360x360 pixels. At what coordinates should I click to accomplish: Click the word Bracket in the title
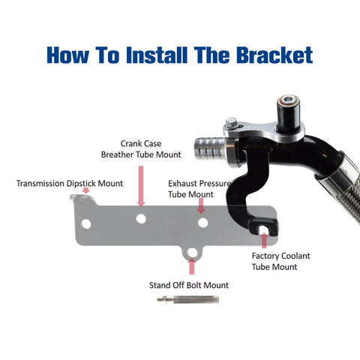pyautogui.click(x=274, y=55)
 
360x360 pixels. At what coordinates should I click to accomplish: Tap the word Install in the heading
pyautogui.click(x=157, y=55)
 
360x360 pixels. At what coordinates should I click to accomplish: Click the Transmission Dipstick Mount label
pyautogui.click(x=70, y=183)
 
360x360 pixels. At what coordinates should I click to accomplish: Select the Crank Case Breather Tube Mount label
pyautogui.click(x=141, y=149)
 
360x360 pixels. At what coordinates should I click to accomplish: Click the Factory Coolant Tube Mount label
pyautogui.click(x=280, y=261)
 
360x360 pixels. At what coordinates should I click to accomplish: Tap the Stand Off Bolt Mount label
pyautogui.click(x=189, y=285)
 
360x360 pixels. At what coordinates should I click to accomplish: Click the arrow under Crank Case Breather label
pyautogui.click(x=141, y=186)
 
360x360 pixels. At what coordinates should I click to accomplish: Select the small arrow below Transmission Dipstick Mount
pyautogui.click(x=86, y=190)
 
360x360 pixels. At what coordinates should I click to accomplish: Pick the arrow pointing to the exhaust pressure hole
pyautogui.click(x=201, y=206)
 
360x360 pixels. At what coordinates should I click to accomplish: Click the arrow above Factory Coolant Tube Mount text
pyautogui.click(x=264, y=240)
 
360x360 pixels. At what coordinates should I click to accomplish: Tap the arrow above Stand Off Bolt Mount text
pyautogui.click(x=192, y=266)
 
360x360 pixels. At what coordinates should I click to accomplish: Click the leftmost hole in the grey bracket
pyautogui.click(x=86, y=224)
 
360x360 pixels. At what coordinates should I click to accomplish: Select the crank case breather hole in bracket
pyautogui.click(x=141, y=219)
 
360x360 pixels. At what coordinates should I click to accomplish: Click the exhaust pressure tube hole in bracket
pyautogui.click(x=203, y=223)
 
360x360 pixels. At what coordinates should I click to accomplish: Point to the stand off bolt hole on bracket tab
pyautogui.click(x=192, y=253)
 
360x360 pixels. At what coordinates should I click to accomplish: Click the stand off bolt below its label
pyautogui.click(x=188, y=299)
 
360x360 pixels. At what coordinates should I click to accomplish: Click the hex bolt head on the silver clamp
pyautogui.click(x=231, y=123)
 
